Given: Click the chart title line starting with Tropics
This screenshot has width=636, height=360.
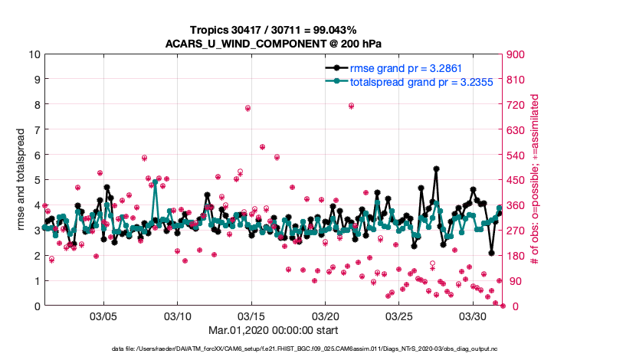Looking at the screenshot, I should pos(274,29).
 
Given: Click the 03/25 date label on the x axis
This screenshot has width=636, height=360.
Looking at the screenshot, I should pos(399,316).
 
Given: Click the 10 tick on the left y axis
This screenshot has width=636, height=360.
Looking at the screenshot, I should pos(34,54).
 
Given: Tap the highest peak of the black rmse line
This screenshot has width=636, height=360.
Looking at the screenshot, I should pos(436,169).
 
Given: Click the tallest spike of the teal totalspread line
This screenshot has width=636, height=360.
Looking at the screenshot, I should pos(155,183).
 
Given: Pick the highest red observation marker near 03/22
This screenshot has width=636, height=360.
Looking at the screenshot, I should pos(351,106).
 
